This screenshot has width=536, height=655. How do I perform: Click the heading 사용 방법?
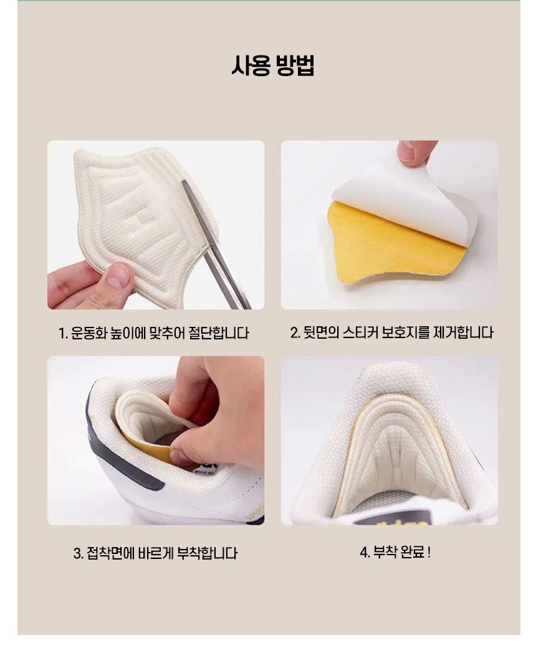pyautogui.click(x=272, y=65)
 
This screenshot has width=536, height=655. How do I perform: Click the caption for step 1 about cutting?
pyautogui.click(x=154, y=333)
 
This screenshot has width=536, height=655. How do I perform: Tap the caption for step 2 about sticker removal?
pyautogui.click(x=391, y=332)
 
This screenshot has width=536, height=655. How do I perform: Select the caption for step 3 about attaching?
pyautogui.click(x=155, y=553)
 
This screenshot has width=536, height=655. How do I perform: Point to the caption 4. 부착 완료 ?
pyautogui.click(x=395, y=552)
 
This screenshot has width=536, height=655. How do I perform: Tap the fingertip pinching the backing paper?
pyautogui.click(x=414, y=152)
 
